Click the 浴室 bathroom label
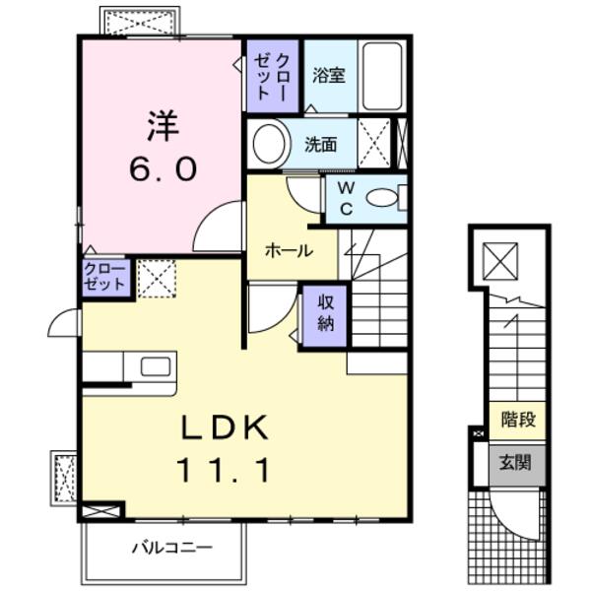point(328,76)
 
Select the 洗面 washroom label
point(320,144)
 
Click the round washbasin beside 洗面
point(268,144)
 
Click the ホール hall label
point(289,251)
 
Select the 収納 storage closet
point(325,314)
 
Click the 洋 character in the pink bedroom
point(163,125)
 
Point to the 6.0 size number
point(163,169)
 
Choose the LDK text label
point(225,428)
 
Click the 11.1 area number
point(225,471)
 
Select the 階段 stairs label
point(518,421)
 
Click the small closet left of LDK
point(104,277)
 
